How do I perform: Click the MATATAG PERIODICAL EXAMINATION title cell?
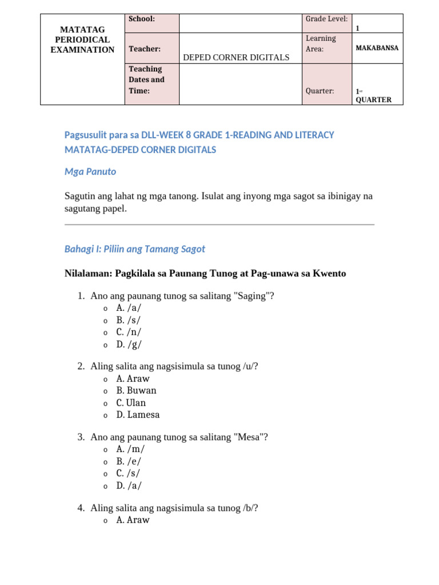pyautogui.click(x=82, y=39)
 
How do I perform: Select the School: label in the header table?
pyautogui.click(x=142, y=19)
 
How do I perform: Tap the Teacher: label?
pyautogui.click(x=144, y=49)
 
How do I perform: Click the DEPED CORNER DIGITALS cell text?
pyautogui.click(x=236, y=57)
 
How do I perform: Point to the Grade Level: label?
pyautogui.click(x=326, y=19)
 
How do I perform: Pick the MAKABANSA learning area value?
pyautogui.click(x=377, y=48)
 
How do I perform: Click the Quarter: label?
pyautogui.click(x=320, y=91)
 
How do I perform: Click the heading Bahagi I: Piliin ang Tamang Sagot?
pyautogui.click(x=135, y=249)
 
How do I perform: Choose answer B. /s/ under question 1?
pyautogui.click(x=129, y=320)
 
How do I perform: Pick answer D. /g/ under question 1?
pyautogui.click(x=129, y=344)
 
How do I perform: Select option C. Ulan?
pyautogui.click(x=131, y=403)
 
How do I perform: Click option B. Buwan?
pyautogui.click(x=136, y=391)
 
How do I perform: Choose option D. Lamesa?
pyautogui.click(x=138, y=415)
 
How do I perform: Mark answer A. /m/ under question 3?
pyautogui.click(x=130, y=449)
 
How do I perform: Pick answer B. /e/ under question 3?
pyautogui.click(x=129, y=461)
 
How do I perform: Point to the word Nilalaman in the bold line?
pyautogui.click(x=87, y=274)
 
